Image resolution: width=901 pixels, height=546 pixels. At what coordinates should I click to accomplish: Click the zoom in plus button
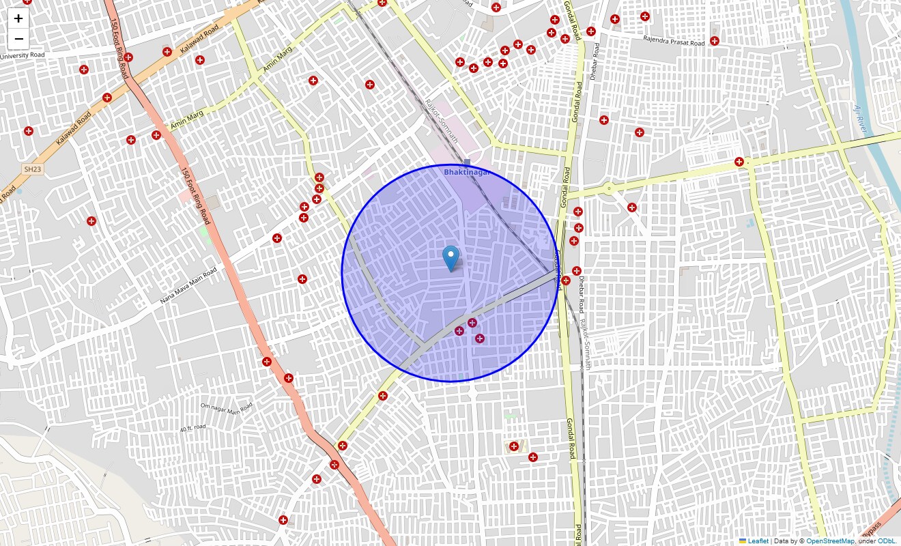tap(18, 18)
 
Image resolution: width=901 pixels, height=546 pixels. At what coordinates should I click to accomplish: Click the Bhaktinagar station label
tap(467, 173)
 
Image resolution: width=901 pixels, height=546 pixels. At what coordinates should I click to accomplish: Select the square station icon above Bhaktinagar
tap(467, 162)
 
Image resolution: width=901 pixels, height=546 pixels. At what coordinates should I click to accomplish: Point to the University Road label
tap(23, 55)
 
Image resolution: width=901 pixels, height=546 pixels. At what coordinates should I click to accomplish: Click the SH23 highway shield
tap(32, 169)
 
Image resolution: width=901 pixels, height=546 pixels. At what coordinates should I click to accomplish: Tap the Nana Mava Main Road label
tap(188, 286)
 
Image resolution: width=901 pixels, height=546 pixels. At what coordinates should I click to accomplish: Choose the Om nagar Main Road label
tap(226, 408)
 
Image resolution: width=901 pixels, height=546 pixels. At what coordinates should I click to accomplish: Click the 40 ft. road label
tap(193, 429)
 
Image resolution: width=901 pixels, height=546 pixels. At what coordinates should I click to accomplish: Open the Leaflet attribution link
tap(758, 541)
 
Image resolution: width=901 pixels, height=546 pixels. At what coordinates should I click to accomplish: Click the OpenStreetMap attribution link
tap(829, 541)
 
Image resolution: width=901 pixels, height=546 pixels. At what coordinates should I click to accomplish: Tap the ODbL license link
tap(888, 541)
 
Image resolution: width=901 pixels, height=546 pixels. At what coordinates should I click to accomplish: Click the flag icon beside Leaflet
tap(743, 541)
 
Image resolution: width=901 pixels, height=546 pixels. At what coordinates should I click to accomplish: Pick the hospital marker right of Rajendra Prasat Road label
tap(714, 41)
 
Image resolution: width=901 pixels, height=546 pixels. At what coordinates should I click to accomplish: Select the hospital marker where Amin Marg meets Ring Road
tap(156, 135)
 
